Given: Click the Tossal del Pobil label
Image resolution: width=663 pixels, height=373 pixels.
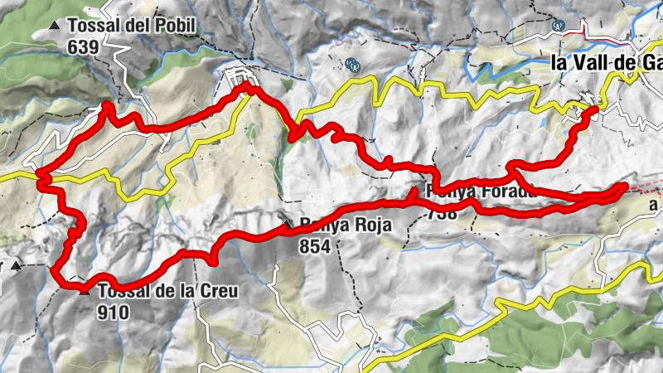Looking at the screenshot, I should (x=132, y=26).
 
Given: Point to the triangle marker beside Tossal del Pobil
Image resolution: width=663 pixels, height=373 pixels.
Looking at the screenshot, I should (x=55, y=26).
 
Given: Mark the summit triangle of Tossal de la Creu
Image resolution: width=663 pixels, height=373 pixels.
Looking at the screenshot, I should (x=85, y=291).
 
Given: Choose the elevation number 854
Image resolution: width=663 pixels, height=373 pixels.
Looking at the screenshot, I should (x=316, y=246).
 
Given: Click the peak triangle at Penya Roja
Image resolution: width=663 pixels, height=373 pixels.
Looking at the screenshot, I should (x=287, y=225).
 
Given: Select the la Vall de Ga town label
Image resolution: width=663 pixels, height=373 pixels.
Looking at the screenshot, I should (x=606, y=62).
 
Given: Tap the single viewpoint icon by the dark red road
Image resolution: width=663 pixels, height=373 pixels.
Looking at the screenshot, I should (x=560, y=26).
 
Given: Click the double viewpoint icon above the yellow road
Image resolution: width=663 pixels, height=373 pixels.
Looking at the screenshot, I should (x=353, y=64).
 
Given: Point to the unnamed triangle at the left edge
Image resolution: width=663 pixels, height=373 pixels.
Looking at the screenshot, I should (x=17, y=266).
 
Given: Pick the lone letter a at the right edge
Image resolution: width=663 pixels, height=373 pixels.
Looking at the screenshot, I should (x=654, y=204).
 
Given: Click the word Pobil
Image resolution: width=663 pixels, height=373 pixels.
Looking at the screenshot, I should (x=174, y=26).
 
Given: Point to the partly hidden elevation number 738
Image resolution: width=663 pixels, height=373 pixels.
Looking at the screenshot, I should (x=443, y=214).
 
